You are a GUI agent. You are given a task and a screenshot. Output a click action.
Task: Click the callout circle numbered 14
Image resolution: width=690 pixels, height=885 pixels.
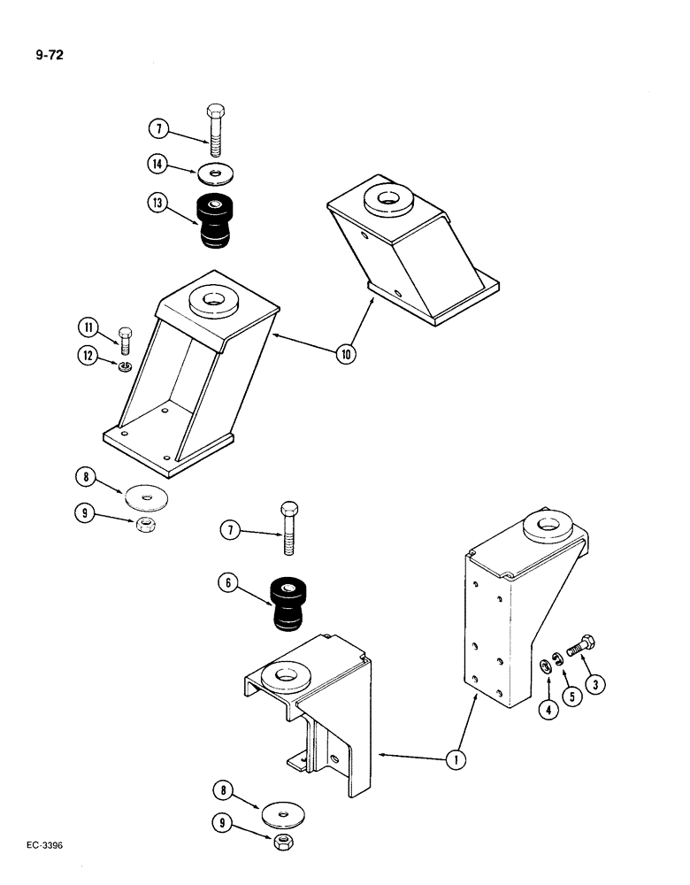(157, 164)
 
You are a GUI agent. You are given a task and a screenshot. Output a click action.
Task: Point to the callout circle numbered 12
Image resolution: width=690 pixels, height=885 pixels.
(89, 357)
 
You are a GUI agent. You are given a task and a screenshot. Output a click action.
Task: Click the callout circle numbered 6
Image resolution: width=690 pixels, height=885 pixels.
(232, 585)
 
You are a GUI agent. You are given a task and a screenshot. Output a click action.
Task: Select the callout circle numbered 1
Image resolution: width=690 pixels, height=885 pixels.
(455, 758)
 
